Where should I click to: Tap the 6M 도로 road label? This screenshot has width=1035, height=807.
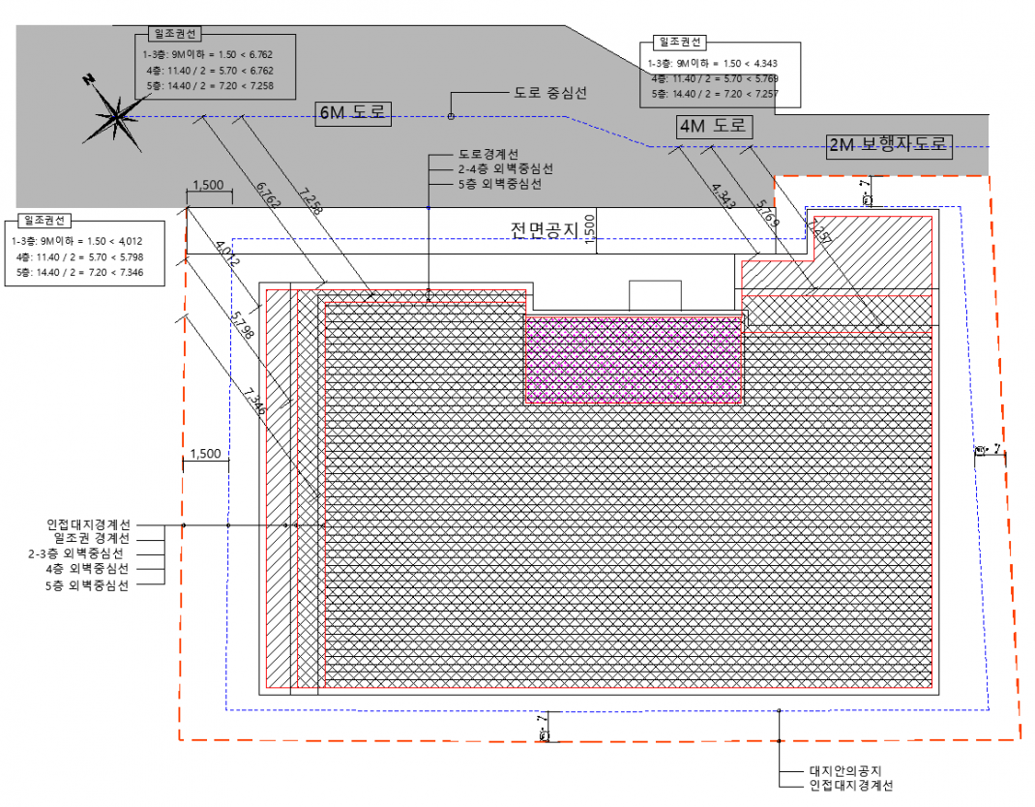click(x=352, y=113)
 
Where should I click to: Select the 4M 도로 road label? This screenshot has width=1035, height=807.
click(x=714, y=126)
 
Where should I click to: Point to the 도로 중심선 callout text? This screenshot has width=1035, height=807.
click(x=549, y=94)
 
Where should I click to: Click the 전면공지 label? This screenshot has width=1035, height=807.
click(x=544, y=230)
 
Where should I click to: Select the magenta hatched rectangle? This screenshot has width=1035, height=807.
click(x=634, y=358)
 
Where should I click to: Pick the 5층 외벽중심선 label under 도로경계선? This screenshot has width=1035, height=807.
click(x=499, y=184)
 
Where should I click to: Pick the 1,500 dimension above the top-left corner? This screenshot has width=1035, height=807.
click(x=208, y=185)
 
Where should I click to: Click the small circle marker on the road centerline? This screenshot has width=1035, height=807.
click(x=451, y=117)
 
